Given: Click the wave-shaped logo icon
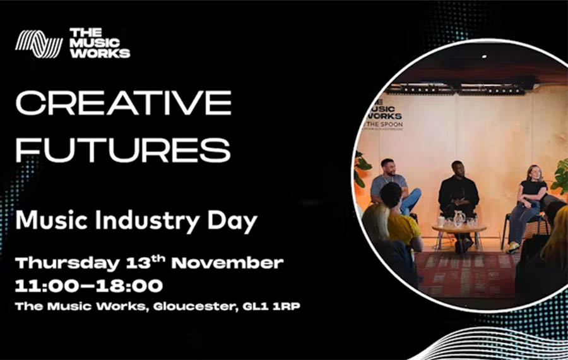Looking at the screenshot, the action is tap(38, 44).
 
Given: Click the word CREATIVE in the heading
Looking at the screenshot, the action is tap(124, 102).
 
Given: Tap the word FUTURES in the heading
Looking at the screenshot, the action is tap(123, 150).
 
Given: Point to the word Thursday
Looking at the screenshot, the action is tap(68, 263).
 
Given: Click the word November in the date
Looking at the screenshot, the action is tap(227, 263).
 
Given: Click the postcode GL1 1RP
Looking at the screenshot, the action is tap(271, 306).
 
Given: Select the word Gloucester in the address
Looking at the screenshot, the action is tap(196, 307).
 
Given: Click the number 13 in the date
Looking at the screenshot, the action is tap(138, 263).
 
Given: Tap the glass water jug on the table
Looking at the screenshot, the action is tap(459, 219).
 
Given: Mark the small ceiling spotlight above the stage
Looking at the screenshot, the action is tap(484, 57).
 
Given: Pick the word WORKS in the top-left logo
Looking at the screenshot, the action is tap(100, 53).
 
